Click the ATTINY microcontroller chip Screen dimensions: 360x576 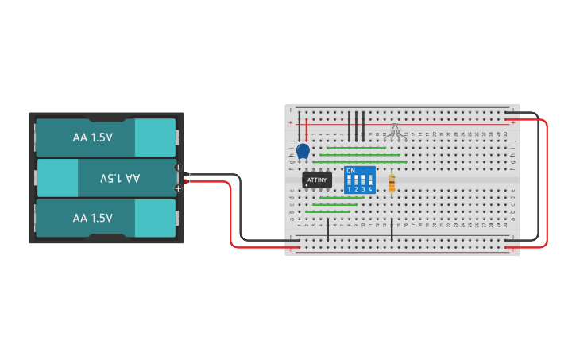coord(316,180)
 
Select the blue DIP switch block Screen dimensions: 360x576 coord(360,180)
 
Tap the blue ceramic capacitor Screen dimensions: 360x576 coord(303,150)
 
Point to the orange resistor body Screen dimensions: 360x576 coord(392,184)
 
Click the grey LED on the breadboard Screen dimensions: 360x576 coord(396,130)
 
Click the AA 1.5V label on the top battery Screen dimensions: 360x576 coord(93,137)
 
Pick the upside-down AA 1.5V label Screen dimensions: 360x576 coord(119,178)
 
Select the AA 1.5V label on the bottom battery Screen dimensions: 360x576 coord(93,218)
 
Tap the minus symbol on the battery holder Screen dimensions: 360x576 coord(178,168)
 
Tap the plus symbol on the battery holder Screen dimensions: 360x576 coord(178,188)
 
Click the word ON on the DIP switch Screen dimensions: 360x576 coord(351,171)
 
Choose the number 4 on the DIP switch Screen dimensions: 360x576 coord(371,189)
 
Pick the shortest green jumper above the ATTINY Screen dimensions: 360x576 coord(357,147)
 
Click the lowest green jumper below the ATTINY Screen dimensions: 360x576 coord(328,212)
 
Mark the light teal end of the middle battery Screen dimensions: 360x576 coord(58,178)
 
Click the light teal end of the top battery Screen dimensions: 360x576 coord(155,137)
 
